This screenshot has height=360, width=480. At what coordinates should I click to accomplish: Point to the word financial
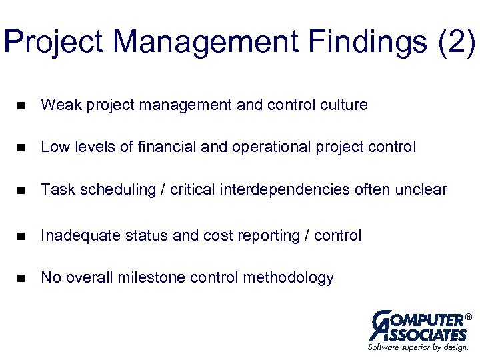(165, 147)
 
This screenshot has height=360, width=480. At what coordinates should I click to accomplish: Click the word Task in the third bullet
(58, 191)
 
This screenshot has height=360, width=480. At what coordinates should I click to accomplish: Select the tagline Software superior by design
(418, 347)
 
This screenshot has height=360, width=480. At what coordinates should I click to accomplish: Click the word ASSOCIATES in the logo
(427, 334)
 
